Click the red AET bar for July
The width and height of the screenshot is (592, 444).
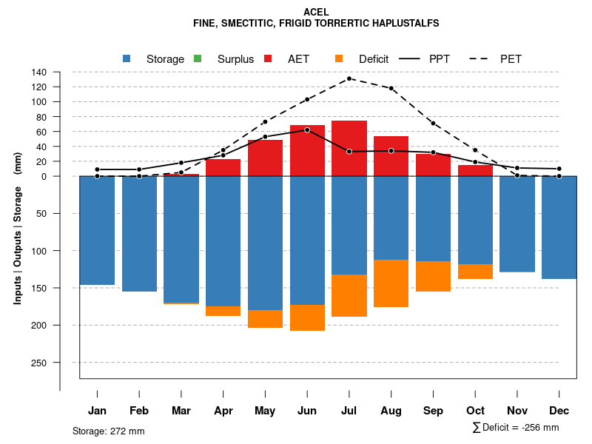click(349, 148)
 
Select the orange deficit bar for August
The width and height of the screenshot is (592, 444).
click(391, 283)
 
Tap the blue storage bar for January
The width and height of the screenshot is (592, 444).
click(97, 230)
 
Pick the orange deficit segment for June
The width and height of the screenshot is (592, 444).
click(307, 317)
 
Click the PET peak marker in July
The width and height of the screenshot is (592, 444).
click(349, 78)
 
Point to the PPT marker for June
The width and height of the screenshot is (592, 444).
click(307, 129)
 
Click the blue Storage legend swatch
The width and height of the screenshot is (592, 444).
click(127, 58)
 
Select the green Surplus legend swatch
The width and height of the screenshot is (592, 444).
click(197, 58)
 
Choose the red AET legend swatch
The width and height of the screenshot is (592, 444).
click(268, 58)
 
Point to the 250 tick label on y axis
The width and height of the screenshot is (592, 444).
click(39, 363)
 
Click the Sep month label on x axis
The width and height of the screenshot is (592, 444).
click(434, 411)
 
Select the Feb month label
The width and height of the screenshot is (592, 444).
click(139, 411)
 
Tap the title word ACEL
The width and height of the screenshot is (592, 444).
click(316, 12)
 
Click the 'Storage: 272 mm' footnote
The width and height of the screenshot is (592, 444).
click(109, 431)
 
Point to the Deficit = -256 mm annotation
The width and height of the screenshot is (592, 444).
click(516, 428)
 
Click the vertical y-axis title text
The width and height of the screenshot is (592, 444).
click(17, 229)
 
